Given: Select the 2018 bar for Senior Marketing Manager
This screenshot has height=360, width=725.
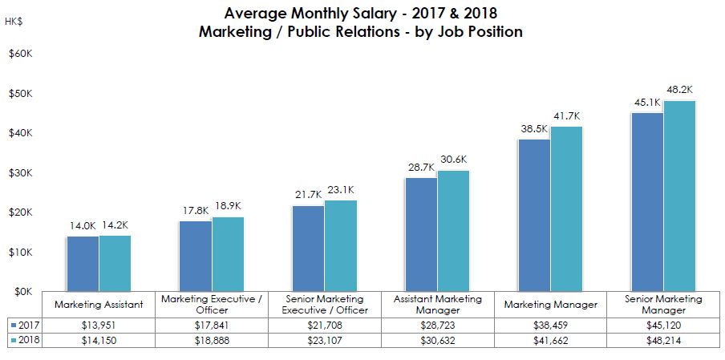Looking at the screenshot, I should [679, 196].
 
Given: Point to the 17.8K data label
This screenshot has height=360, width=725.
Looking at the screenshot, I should [195, 211].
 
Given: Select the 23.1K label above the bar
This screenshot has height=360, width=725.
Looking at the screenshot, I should [340, 190].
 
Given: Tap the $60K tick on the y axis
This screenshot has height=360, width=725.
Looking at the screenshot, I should [20, 55].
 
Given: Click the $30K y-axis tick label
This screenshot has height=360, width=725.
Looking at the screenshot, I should [20, 173].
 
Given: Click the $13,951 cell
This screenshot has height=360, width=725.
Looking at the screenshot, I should [99, 326].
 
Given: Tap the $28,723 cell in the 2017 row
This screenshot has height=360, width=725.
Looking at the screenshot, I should [437, 326].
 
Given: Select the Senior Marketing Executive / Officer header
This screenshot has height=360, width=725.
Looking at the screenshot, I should [324, 305].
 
